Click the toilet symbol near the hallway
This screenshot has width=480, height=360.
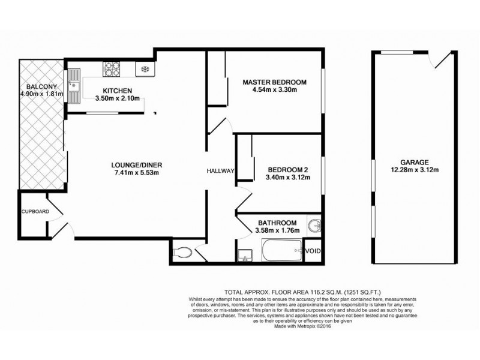tap(182, 253)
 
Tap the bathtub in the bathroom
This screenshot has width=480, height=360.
tap(282, 250)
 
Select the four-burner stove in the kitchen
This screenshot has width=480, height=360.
tap(112, 69)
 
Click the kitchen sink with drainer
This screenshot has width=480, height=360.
tap(74, 86)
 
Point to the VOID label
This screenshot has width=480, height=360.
tap(313, 251)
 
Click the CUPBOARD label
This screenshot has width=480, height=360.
tap(35, 212)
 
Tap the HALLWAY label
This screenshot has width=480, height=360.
tap(220, 171)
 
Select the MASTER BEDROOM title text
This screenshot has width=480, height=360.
tap(275, 82)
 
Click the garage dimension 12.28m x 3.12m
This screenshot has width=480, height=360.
tap(415, 170)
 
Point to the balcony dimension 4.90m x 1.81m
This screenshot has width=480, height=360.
tap(41, 94)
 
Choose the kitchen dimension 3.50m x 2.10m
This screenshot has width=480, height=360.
tap(118, 98)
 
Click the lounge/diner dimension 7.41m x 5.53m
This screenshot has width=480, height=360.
tap(137, 173)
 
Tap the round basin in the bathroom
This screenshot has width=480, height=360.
tap(314, 227)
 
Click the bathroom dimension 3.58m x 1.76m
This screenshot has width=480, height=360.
tap(277, 230)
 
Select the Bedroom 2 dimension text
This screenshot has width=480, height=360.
tap(288, 177)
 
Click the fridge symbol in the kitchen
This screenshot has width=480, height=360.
tap(145, 69)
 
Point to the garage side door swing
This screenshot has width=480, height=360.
tap(440, 60)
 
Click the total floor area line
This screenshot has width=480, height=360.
tap(303, 292)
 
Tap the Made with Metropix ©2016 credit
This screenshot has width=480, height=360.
tap(302, 326)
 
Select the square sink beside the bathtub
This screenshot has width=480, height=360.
tap(245, 256)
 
